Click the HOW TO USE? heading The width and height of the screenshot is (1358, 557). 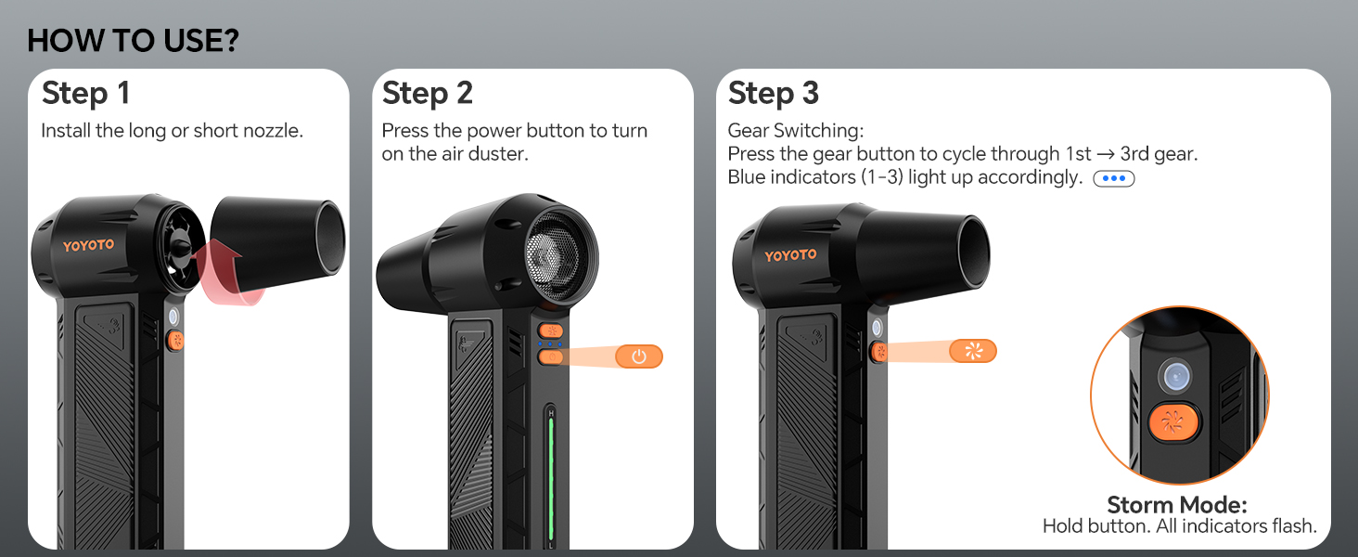[x=133, y=41]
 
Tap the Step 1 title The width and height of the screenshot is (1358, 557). [x=85, y=94]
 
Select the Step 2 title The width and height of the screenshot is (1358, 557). [x=428, y=94]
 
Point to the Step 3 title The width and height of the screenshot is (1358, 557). [x=773, y=94]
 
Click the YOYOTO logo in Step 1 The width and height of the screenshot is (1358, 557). [x=88, y=245]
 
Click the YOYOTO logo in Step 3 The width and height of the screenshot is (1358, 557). [x=790, y=255]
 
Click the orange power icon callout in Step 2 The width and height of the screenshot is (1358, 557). [x=639, y=356]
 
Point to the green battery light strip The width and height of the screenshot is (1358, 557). [x=551, y=478]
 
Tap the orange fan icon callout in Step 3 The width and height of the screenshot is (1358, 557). [x=972, y=351]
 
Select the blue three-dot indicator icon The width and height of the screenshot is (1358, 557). [x=1114, y=178]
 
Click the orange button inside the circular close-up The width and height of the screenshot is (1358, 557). [x=1173, y=421]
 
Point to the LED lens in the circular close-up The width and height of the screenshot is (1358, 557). [x=1175, y=376]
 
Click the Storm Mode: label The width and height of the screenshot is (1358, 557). [x=1177, y=504]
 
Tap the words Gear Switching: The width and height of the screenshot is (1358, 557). [x=795, y=131]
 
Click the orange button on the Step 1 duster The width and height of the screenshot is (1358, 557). [x=175, y=341]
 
